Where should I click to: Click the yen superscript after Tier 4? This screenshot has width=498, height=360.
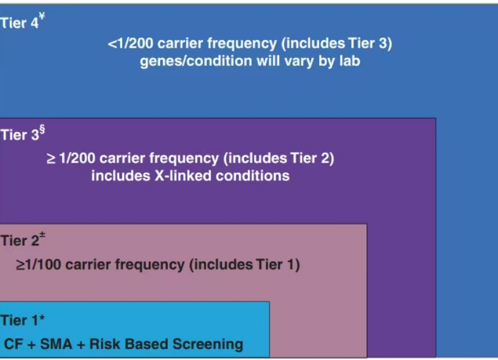(x=42, y=16)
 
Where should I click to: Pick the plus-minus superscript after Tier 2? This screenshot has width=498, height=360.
(x=42, y=235)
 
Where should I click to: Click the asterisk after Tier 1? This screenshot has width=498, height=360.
(x=42, y=318)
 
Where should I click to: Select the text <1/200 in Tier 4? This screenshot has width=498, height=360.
(x=130, y=44)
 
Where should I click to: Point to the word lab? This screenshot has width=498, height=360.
(x=350, y=60)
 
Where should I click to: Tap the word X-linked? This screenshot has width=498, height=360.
(x=183, y=176)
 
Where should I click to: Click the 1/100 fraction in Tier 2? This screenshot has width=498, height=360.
(x=43, y=264)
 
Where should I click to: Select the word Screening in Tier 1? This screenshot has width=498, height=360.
(x=208, y=344)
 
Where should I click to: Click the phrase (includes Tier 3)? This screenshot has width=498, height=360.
(x=336, y=44)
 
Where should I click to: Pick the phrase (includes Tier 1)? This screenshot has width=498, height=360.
(x=245, y=264)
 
